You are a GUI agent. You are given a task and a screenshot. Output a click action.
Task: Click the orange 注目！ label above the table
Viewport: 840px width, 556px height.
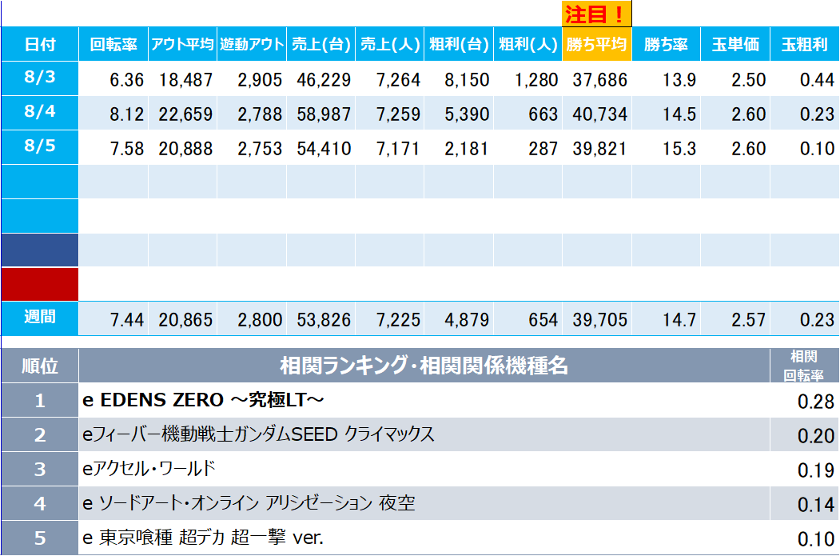[597, 14]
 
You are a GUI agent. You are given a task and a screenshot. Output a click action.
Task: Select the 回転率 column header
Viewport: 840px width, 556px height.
[113, 44]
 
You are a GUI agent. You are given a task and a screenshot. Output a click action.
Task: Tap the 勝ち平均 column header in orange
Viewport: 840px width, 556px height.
[597, 44]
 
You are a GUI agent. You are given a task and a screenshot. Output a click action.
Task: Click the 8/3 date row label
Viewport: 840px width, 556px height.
[40, 78]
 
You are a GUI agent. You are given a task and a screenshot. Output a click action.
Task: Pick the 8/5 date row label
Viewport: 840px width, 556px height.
[40, 146]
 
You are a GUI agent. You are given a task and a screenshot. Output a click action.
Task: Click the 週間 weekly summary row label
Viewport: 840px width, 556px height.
[40, 318]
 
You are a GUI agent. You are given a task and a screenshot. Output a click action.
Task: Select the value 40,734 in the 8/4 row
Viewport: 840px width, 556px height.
[599, 114]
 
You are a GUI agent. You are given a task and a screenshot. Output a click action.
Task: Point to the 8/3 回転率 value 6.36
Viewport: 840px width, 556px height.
[126, 80]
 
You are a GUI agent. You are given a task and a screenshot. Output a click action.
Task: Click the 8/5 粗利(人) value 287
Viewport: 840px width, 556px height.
[543, 149]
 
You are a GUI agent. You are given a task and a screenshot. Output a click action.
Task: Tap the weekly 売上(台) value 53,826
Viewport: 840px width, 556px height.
[324, 320]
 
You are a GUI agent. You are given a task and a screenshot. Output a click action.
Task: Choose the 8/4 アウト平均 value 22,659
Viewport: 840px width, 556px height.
[185, 114]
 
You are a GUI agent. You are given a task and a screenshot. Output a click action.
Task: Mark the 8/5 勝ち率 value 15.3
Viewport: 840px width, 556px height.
[679, 149]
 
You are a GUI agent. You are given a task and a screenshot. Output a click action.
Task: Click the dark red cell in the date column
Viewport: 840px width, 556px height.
[40, 284]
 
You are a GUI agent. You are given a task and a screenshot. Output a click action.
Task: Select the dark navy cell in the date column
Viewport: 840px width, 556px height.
[40, 250]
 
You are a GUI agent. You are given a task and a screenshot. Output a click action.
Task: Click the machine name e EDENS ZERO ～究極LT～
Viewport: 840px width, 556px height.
[203, 400]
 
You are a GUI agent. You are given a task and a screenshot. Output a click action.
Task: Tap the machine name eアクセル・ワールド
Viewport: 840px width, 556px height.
[149, 469]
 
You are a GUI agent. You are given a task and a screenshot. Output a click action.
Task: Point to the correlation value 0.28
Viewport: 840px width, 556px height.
[816, 402]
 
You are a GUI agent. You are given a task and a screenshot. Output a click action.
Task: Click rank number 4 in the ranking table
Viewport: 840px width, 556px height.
[40, 503]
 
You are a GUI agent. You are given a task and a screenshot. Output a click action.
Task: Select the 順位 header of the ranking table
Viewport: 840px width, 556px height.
[40, 366]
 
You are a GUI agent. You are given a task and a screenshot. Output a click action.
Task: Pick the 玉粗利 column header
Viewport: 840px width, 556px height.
[805, 44]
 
